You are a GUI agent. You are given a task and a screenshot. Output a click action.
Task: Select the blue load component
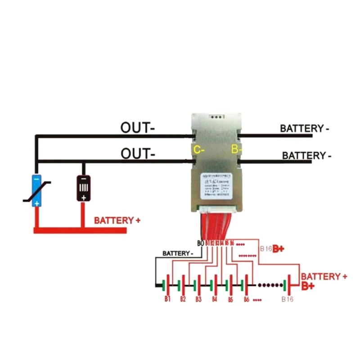coord(36,190)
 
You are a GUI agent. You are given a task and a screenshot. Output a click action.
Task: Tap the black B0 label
coord(201,243)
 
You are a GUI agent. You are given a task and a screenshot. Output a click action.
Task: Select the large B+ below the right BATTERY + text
coord(308,286)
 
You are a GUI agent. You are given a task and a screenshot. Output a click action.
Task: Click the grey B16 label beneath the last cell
coord(287,299)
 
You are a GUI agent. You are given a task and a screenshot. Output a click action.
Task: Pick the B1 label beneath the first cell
coord(167,299)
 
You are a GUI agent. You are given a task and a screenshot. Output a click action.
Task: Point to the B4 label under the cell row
coord(215,299)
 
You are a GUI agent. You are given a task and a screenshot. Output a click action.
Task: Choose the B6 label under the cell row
coord(246,299)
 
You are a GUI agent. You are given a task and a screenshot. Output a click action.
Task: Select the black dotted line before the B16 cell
coord(269,285)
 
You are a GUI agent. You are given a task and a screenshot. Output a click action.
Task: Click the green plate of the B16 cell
coord(284,285)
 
